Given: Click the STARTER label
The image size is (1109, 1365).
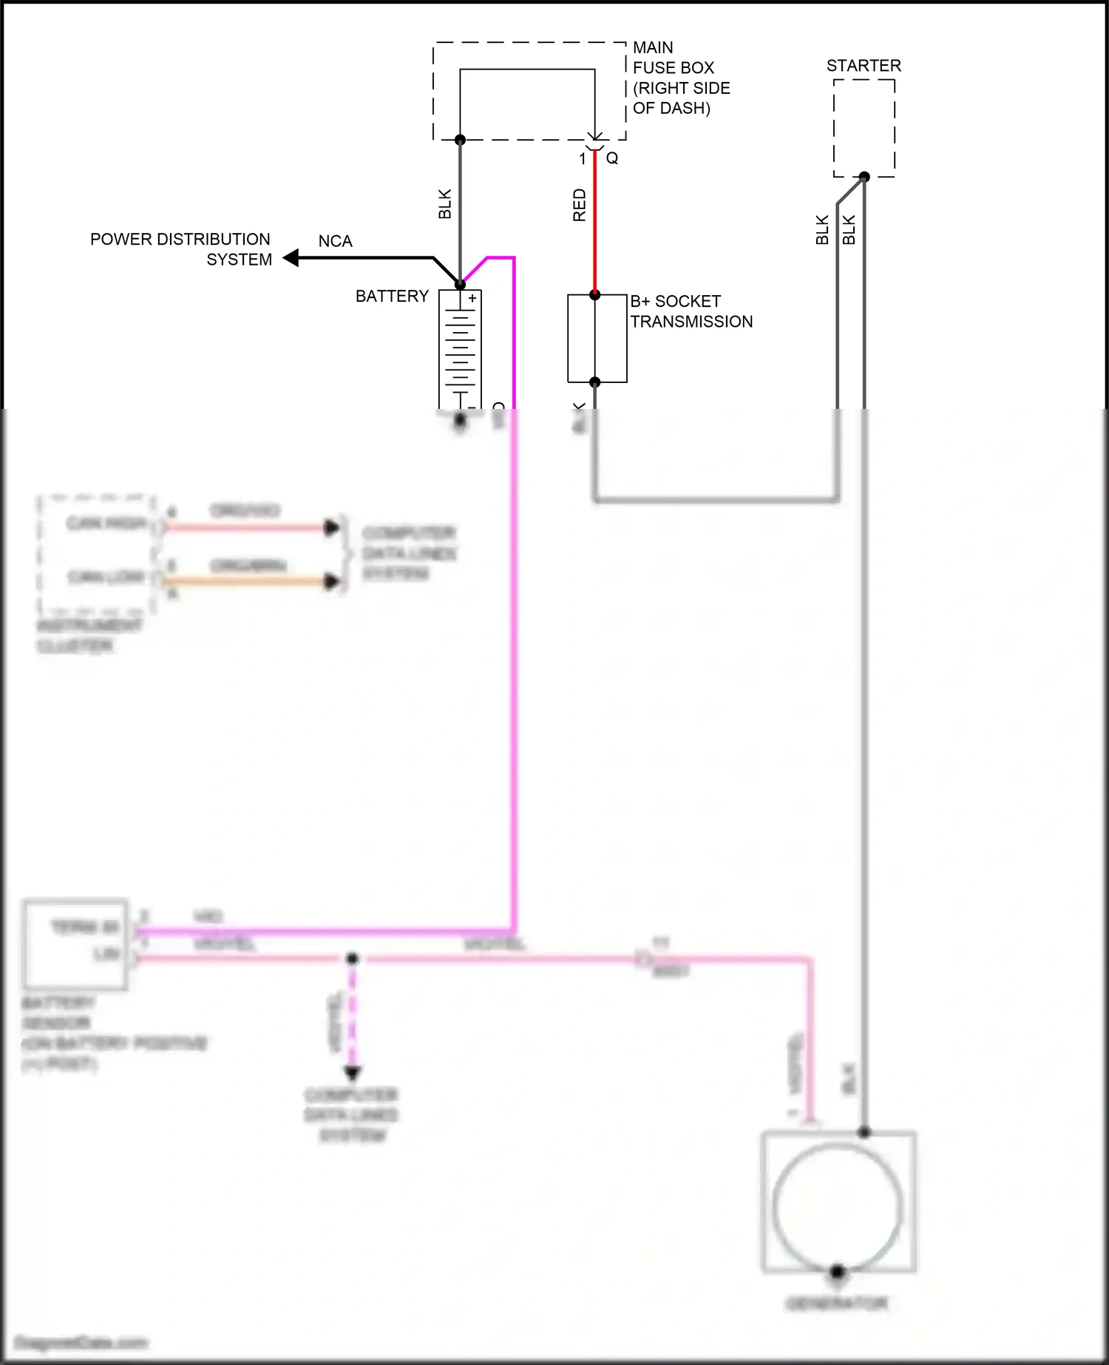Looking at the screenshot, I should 864,66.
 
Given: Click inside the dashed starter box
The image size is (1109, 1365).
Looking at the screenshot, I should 864,126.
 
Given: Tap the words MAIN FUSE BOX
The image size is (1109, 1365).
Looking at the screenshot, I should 673,58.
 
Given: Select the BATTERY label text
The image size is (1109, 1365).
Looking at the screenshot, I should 392,296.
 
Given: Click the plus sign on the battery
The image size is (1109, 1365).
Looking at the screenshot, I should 472,298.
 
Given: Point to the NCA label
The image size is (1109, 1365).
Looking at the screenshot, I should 335,241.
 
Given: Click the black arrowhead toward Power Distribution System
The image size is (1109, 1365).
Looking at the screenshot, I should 291,257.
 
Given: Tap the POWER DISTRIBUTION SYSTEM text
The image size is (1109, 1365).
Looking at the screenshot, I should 181,249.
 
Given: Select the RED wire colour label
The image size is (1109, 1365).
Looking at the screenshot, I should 579,205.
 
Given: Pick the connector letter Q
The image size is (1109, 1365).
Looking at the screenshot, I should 612,158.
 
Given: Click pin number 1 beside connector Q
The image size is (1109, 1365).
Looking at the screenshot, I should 583,158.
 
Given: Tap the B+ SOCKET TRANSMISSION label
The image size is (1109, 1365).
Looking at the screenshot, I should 691,311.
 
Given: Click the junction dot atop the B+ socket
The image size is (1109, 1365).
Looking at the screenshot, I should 594,294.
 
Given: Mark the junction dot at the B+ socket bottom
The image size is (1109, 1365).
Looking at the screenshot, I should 594,382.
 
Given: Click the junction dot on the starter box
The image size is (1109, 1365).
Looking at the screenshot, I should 864,176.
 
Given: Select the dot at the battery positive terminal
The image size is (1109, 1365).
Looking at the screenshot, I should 460,284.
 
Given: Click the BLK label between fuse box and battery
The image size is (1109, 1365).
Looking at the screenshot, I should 444,204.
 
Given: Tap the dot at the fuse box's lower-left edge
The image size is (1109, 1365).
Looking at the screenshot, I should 460,140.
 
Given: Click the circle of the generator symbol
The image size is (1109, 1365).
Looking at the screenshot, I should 838,1205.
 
